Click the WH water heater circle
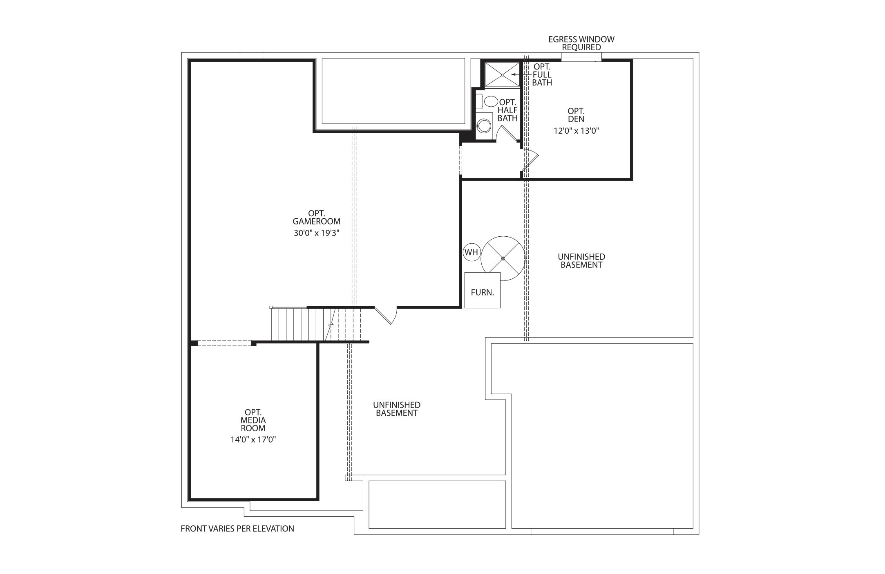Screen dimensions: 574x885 (471, 252)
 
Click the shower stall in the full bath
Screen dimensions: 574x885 (502, 75)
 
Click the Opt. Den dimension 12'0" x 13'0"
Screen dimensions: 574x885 (576, 131)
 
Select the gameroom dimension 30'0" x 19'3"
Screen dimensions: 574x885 (317, 233)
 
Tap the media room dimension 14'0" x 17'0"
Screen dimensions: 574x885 (253, 440)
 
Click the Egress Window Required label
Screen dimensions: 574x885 (581, 43)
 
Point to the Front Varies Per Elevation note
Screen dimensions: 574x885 (237, 529)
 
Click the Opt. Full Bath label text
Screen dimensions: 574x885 (542, 74)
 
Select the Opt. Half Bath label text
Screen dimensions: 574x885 (507, 110)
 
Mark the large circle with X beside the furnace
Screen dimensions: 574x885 (503, 258)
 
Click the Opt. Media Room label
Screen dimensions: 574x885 (253, 420)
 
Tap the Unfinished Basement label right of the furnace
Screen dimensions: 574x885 (581, 260)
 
